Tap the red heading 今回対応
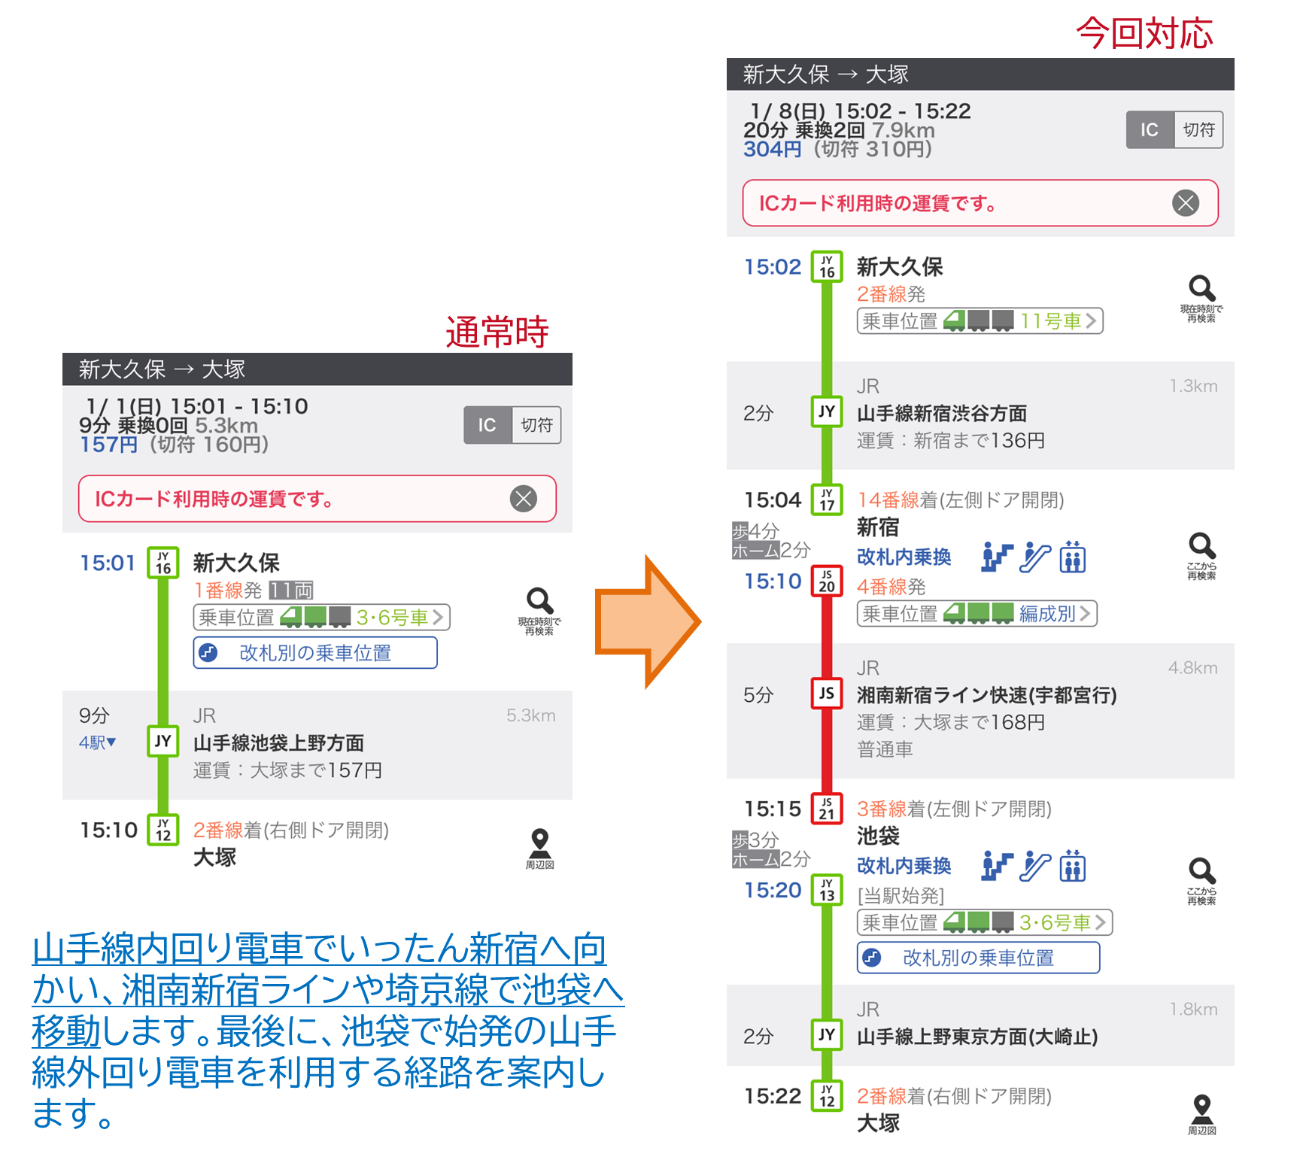pos(1144,34)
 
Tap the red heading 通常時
pos(497,332)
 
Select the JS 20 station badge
pos(827,581)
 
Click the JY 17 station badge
pos(827,499)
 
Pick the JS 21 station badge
pos(827,809)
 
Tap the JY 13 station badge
pos(827,890)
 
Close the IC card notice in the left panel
pos(524,498)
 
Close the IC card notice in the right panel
pos(1186,202)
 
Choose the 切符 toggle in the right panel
pos(1198,129)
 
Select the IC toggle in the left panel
pos(488,425)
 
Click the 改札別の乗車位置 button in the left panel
pos(315,652)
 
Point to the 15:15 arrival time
pos(773,809)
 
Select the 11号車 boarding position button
pos(980,321)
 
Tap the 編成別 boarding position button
pos(977,614)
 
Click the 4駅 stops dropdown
pos(98,742)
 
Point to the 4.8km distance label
pos(1192,668)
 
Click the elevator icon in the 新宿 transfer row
pos(1073,557)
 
